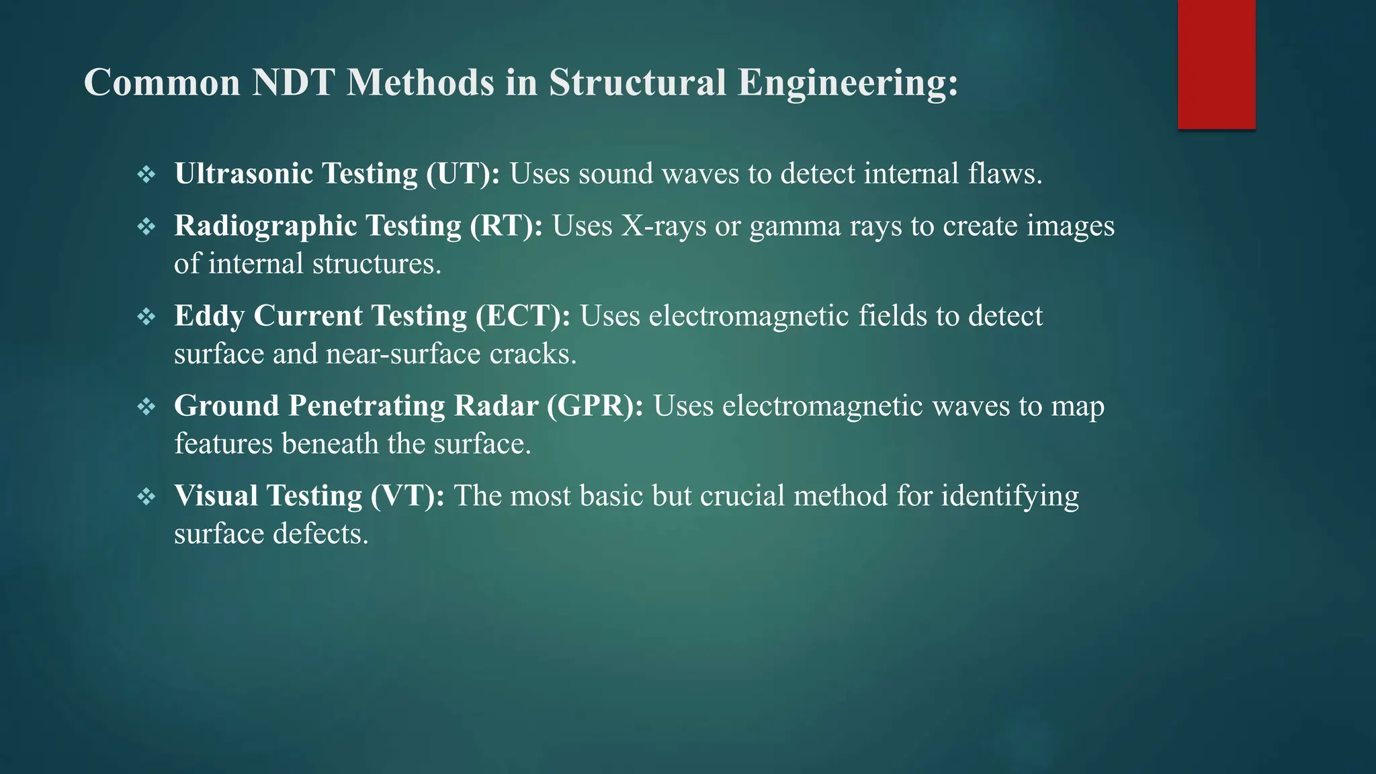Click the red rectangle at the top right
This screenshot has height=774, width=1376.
(1216, 64)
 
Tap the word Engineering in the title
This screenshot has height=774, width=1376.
(847, 83)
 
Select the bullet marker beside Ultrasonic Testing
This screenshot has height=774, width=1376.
(146, 175)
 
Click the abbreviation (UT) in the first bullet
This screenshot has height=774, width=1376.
(463, 173)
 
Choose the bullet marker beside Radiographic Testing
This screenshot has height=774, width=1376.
(146, 227)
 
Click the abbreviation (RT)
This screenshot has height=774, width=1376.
(506, 226)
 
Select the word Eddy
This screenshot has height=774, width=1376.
(209, 316)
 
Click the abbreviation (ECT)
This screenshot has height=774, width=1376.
(523, 316)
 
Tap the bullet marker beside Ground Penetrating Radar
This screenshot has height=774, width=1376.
(146, 407)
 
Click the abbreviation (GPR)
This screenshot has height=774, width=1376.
(595, 406)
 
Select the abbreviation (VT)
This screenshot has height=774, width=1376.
(407, 496)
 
